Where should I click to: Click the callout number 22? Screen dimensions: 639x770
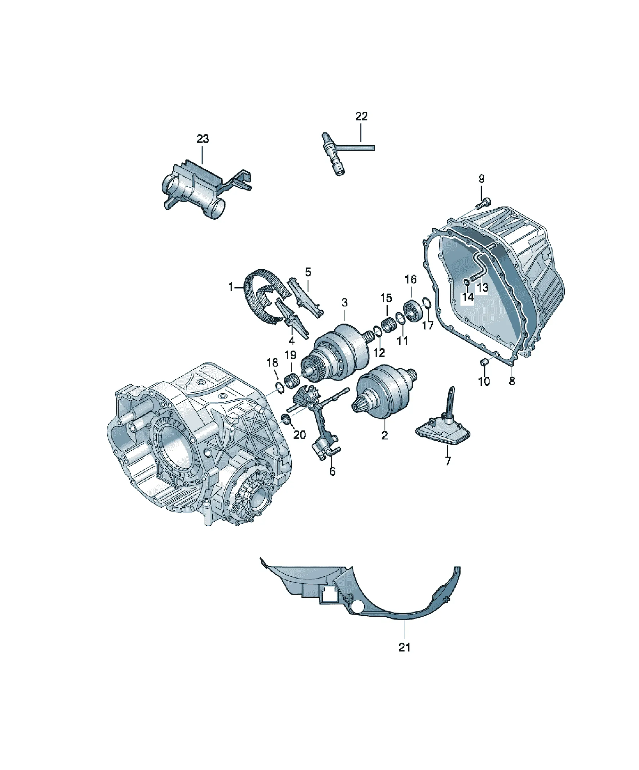pos(361,116)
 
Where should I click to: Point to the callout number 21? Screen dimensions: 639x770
pos(404,647)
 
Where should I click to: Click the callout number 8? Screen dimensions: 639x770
pos(512,381)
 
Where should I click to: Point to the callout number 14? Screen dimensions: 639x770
pos(467,297)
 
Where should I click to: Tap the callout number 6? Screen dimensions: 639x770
pos(332,471)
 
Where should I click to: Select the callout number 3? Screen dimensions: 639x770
pos(344,303)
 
